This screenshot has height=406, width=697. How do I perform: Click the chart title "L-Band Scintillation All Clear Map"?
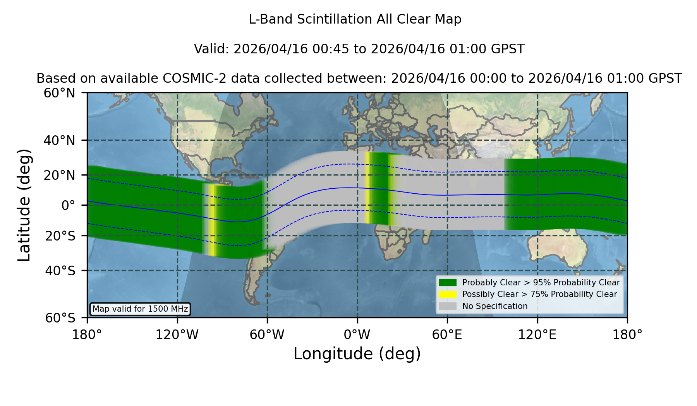coord(355,19)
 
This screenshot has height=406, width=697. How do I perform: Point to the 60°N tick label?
coord(59,93)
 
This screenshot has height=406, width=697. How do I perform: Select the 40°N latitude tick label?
coord(59,140)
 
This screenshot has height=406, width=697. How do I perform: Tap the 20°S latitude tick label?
coord(60,235)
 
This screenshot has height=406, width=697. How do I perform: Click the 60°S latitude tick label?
coord(60,318)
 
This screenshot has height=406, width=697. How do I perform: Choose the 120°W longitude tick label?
coord(177,334)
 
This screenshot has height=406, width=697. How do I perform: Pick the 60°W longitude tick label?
coord(267,334)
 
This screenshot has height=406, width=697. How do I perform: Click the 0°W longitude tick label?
coord(357,334)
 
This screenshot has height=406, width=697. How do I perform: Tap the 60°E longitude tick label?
coord(447,334)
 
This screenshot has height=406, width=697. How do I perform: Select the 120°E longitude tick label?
coord(537,334)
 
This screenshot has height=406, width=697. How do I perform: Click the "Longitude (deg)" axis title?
coord(357,354)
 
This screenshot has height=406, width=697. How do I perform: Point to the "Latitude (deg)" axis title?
coord(24,205)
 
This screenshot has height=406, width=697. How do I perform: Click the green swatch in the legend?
coord(448,283)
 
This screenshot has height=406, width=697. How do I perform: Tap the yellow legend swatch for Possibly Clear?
coord(448,294)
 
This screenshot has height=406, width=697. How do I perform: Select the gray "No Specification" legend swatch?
coord(448,306)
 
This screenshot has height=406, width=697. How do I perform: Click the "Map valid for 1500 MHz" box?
coord(140,309)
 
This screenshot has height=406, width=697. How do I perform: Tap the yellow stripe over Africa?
coord(367,188)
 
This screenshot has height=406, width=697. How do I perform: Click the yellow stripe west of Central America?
coord(212,220)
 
